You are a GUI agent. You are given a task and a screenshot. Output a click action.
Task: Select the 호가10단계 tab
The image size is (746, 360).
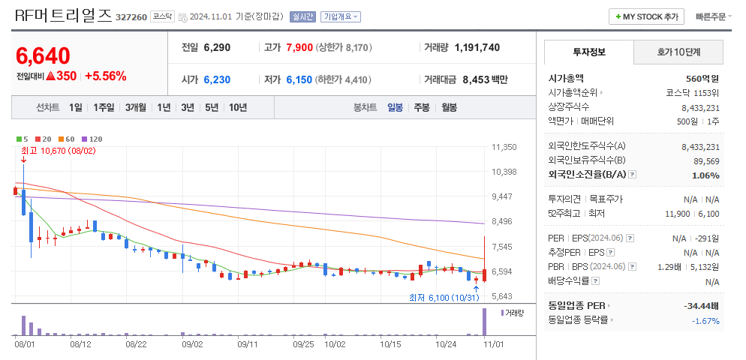pos(678,52)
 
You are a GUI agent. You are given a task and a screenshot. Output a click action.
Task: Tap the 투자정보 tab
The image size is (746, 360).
pos(589,52)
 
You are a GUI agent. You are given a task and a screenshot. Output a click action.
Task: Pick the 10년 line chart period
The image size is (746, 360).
pos(238,107)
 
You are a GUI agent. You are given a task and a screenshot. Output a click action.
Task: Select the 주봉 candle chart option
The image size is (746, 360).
pos(422,107)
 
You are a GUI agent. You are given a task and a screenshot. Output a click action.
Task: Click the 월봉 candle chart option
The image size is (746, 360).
pos(449,107)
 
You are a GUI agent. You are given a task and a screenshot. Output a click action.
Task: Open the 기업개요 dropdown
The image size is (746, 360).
pos(341,16)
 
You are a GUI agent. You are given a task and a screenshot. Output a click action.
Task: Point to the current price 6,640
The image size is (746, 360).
pos(43,55)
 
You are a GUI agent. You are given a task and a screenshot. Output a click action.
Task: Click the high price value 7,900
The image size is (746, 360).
pos(299,47)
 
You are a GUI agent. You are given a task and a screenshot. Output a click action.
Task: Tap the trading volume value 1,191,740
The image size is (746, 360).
pos(477,47)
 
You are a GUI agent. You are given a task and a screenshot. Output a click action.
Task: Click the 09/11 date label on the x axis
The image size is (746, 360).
pos(248,345)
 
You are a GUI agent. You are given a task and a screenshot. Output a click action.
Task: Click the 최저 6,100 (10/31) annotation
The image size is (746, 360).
pos(444,298)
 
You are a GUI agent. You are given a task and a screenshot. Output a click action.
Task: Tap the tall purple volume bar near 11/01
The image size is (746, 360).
pos(484,322)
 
